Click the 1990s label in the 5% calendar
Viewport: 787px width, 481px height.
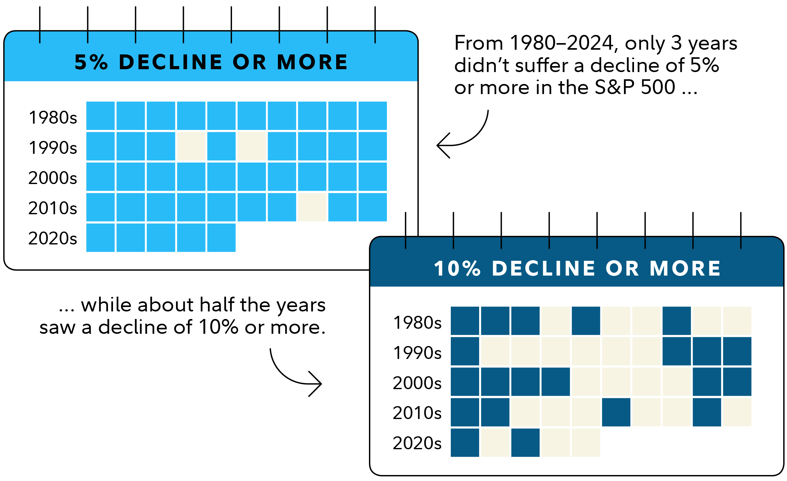(x=53, y=148)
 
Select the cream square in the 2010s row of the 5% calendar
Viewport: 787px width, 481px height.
(x=312, y=207)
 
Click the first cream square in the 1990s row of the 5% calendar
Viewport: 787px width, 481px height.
(x=191, y=146)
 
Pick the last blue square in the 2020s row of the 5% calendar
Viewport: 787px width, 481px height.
(x=221, y=238)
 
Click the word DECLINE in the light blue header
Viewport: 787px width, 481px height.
(x=171, y=62)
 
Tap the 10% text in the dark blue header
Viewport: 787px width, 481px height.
(x=457, y=268)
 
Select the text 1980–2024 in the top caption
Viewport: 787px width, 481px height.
(x=561, y=43)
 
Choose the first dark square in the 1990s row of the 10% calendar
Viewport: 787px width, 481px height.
(x=465, y=351)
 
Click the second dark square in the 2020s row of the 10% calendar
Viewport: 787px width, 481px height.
(x=525, y=442)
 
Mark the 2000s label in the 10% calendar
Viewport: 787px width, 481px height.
(x=417, y=383)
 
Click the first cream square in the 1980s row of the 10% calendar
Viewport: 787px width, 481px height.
(x=555, y=321)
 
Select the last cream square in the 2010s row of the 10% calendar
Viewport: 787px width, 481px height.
(x=737, y=412)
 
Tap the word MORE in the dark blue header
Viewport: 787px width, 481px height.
(x=685, y=268)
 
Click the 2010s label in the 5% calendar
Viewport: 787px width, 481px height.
(x=53, y=208)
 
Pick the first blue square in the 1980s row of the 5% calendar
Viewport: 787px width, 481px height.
(x=100, y=116)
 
